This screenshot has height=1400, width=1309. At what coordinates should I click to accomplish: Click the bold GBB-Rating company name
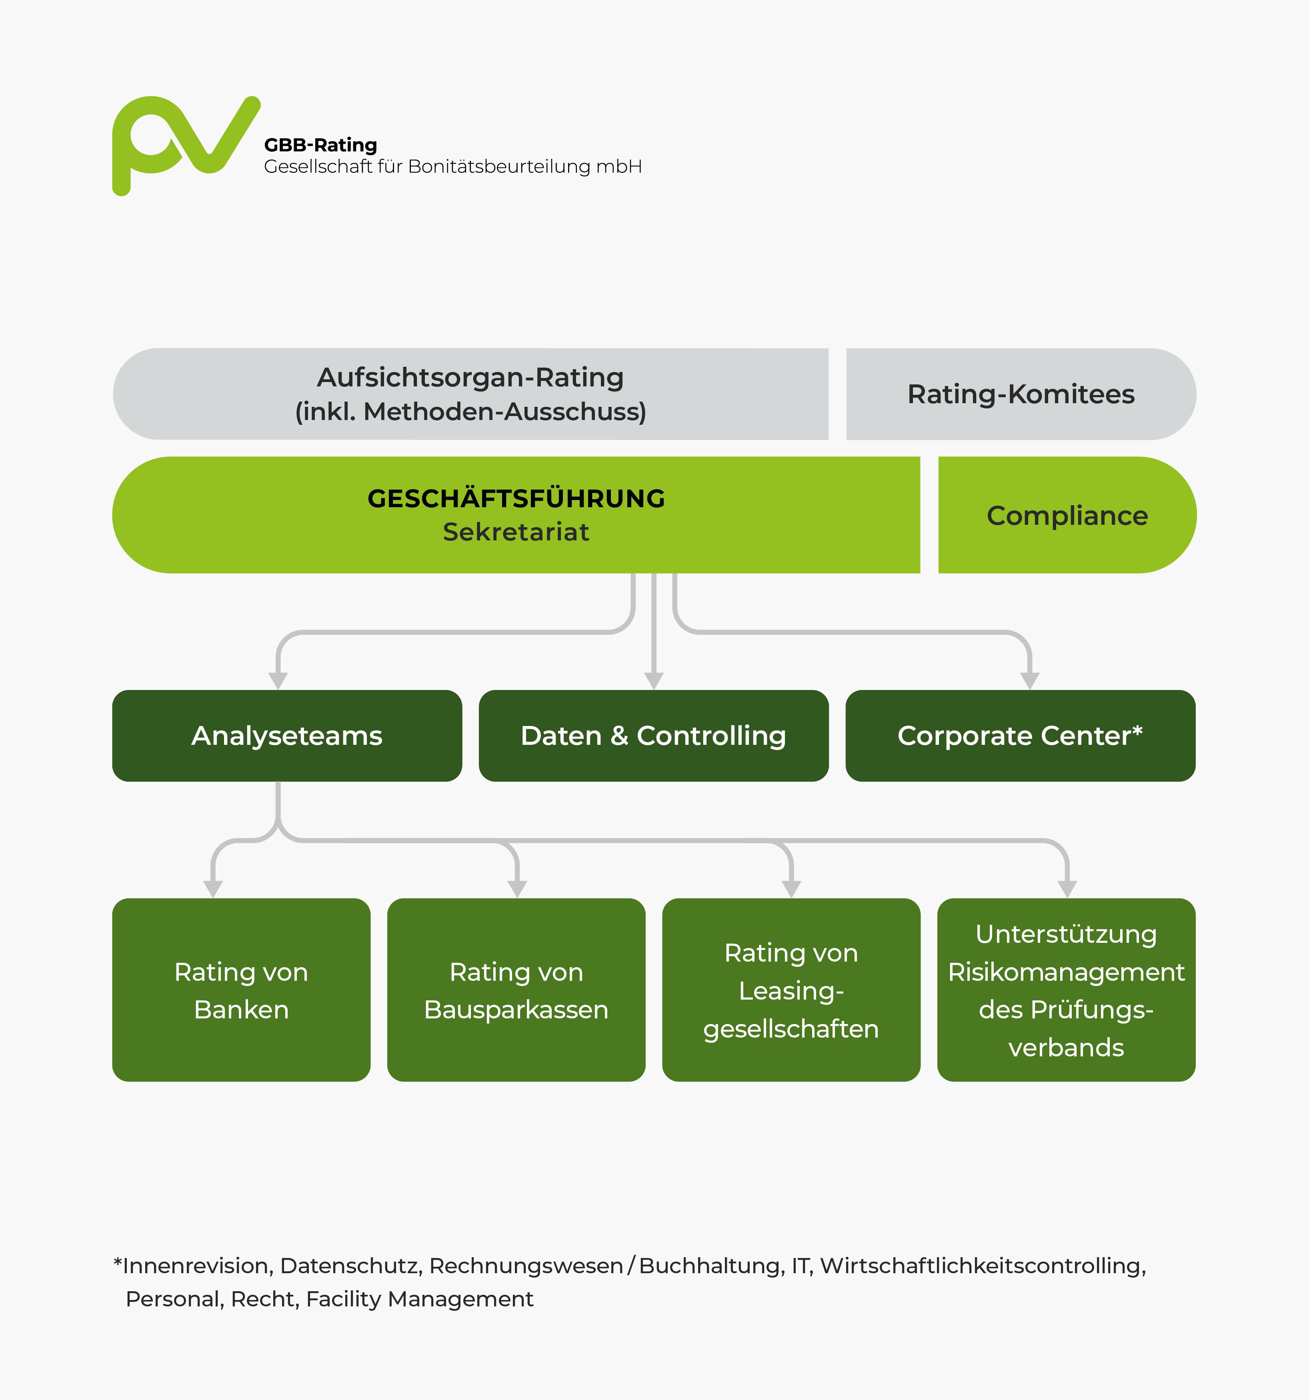320,145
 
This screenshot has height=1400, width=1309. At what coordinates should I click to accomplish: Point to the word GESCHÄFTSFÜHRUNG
516,498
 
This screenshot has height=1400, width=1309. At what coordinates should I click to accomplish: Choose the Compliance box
1067,515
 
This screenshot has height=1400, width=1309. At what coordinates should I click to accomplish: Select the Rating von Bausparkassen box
516,990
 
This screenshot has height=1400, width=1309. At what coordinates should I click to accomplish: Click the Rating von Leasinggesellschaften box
791,990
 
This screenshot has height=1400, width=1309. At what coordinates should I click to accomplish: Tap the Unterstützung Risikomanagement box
1067,990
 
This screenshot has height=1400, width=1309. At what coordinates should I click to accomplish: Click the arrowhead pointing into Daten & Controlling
654,681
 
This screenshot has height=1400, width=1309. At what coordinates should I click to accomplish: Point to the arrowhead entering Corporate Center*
1030,681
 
